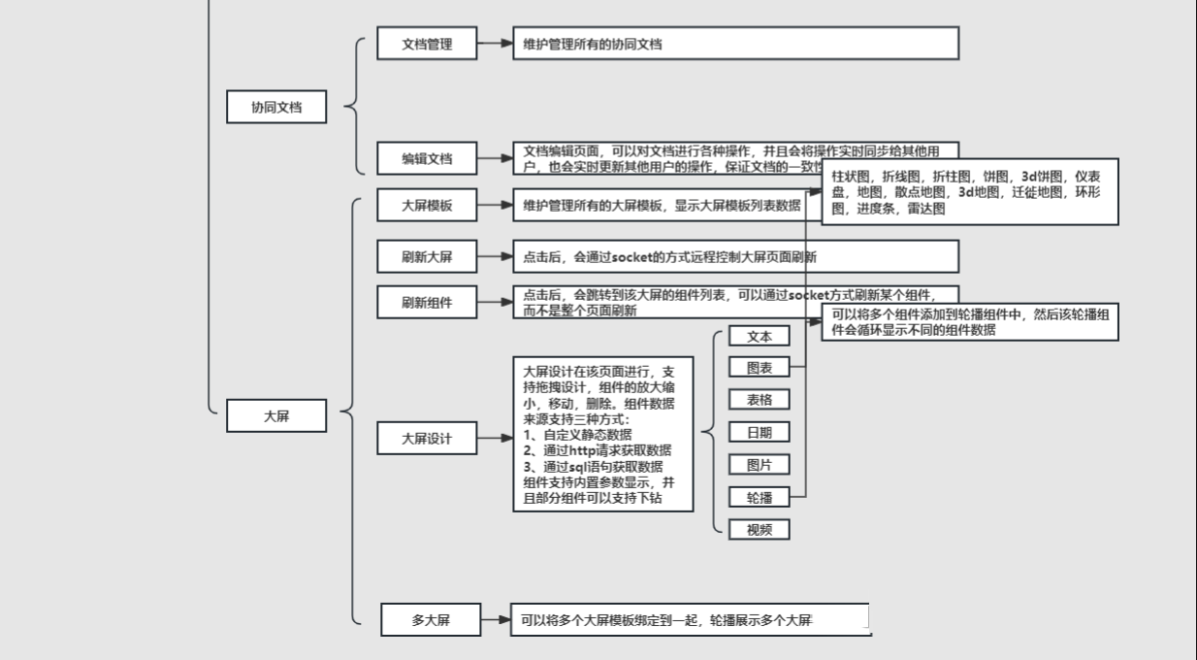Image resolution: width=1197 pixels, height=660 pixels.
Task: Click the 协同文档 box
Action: pos(276,107)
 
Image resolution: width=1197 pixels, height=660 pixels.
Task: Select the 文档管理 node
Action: pos(427,44)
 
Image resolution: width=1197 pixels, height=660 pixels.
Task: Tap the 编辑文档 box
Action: pos(427,158)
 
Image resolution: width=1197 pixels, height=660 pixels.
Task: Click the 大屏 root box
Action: pos(276,415)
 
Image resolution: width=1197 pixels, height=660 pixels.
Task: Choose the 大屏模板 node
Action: pos(427,205)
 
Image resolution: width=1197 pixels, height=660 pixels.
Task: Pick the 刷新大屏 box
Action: pos(427,257)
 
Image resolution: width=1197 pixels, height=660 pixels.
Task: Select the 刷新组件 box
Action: pos(427,302)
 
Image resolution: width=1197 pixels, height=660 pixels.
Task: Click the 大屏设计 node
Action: pos(427,438)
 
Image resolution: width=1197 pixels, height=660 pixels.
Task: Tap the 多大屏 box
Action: pos(431,619)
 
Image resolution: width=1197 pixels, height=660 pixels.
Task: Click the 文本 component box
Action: pos(760,336)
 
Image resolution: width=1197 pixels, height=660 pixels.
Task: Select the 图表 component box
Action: pos(760,368)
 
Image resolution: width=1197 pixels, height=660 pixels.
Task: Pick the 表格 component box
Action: pos(760,399)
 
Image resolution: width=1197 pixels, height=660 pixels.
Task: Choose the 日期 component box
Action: pos(760,432)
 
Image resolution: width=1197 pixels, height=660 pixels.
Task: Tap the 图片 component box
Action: pos(760,464)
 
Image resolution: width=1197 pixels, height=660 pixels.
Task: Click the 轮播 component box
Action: pos(760,497)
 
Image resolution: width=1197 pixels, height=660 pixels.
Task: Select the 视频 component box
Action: pos(760,529)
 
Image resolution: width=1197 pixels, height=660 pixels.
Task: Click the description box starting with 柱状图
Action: pos(969,192)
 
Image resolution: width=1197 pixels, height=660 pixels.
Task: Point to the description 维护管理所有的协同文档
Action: pos(735,44)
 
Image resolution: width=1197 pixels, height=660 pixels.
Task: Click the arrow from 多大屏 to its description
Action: pos(496,619)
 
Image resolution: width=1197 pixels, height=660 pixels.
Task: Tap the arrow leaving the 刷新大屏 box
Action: pos(494,257)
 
